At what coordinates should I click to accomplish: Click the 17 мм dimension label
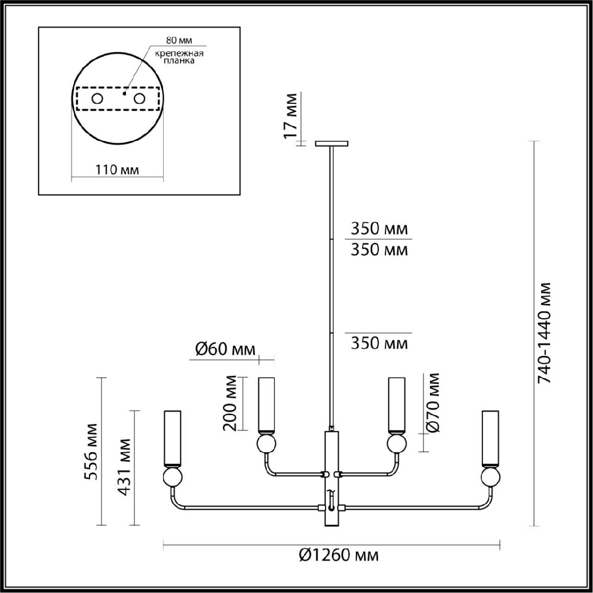[292, 116]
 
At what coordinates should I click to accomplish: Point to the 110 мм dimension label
[117, 170]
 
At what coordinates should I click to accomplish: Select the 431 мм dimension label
[125, 467]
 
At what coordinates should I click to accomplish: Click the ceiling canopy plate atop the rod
[332, 144]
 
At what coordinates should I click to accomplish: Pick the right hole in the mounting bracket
[140, 99]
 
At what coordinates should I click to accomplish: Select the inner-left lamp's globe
[267, 443]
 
